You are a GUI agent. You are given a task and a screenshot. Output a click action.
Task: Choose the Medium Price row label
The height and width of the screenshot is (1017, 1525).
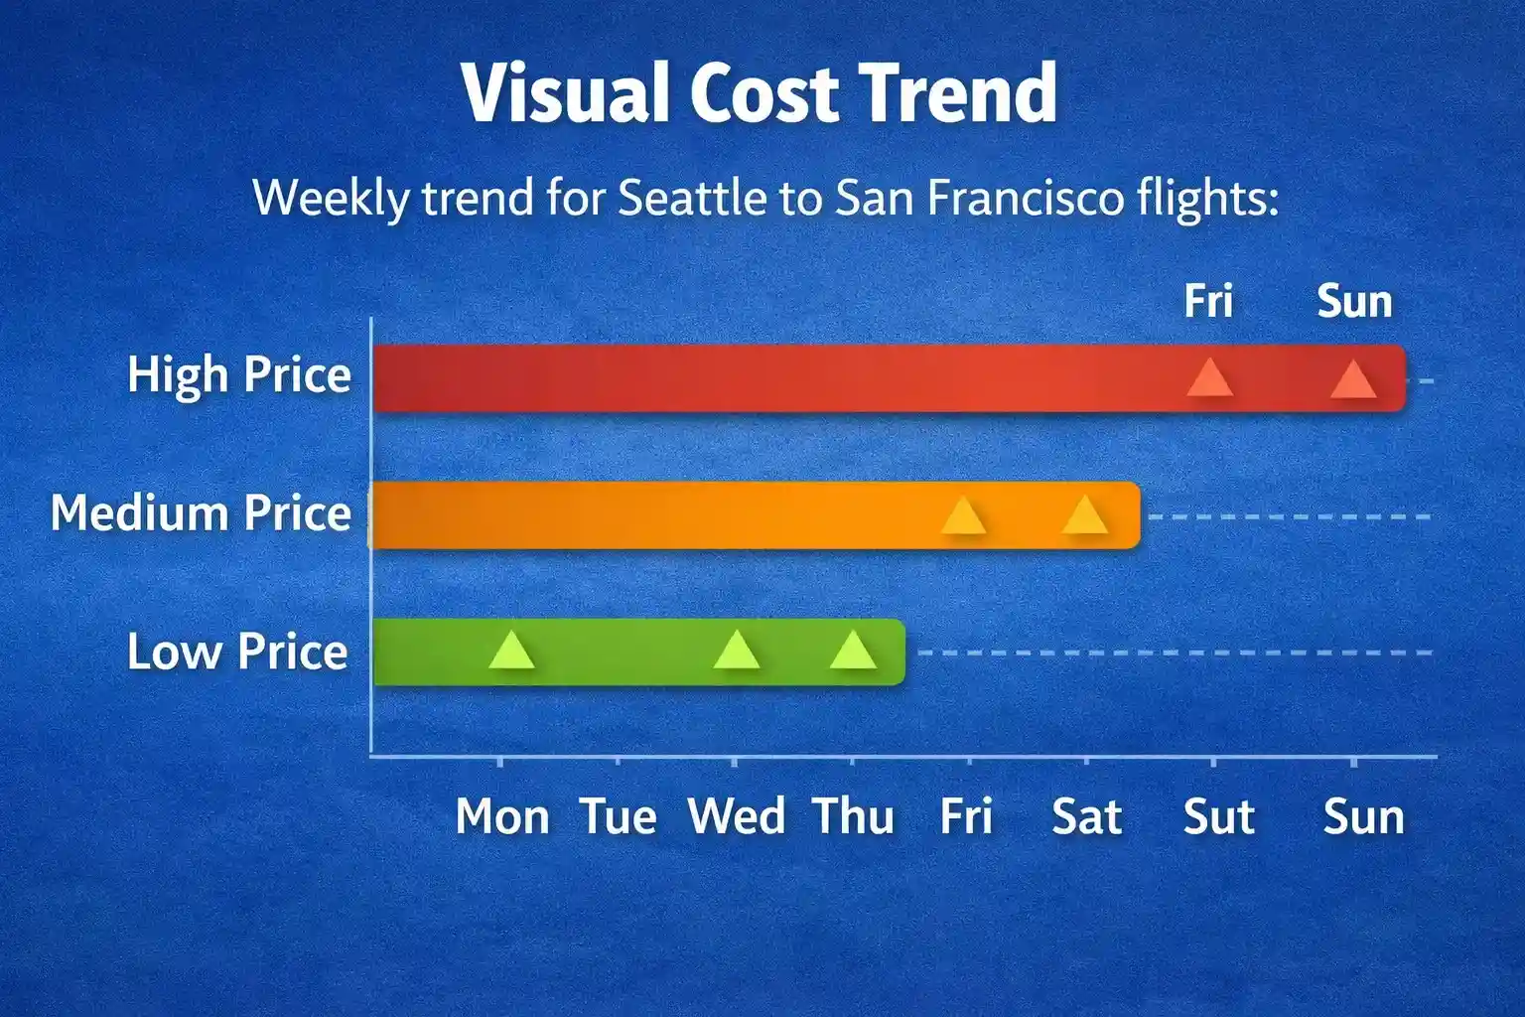point(201,512)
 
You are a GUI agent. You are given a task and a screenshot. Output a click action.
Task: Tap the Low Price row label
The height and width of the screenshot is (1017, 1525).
point(237,652)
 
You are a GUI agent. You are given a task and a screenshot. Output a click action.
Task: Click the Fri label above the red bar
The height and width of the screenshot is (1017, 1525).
point(1207,300)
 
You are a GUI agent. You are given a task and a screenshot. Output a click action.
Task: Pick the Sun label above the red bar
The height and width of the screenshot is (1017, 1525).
point(1354,301)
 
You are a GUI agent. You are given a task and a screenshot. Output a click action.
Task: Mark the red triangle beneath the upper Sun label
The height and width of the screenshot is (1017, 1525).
point(1353,380)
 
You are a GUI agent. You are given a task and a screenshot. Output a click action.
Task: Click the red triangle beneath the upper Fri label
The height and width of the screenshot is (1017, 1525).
point(1210,378)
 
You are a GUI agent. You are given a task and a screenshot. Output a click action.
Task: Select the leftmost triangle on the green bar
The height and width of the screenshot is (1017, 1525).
point(512,650)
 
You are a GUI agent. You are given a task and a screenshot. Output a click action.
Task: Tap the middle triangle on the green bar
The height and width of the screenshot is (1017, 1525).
point(736,650)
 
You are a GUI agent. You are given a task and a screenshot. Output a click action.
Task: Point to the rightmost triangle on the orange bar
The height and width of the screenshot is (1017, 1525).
point(1084,515)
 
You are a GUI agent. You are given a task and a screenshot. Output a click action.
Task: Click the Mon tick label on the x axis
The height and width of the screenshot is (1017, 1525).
point(502,816)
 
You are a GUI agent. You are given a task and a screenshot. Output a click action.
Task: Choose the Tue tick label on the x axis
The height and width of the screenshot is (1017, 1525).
point(619,816)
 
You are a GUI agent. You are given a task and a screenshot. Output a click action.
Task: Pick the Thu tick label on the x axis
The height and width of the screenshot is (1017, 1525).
point(853,816)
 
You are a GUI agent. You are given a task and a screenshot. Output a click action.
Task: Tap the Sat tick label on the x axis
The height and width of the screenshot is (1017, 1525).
point(1086,816)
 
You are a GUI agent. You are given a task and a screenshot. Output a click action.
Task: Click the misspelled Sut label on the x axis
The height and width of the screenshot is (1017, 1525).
point(1218,816)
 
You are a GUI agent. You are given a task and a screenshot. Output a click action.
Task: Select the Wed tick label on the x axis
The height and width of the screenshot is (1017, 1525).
point(737,816)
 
